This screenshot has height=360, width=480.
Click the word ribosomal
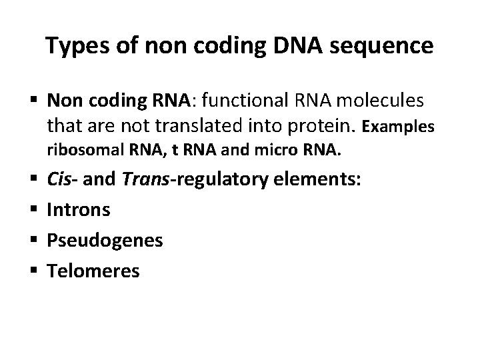[x=80, y=151]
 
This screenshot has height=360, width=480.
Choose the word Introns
[x=79, y=210]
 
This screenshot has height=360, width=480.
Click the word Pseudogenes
[x=105, y=241]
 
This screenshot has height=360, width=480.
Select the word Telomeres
[x=93, y=270]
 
